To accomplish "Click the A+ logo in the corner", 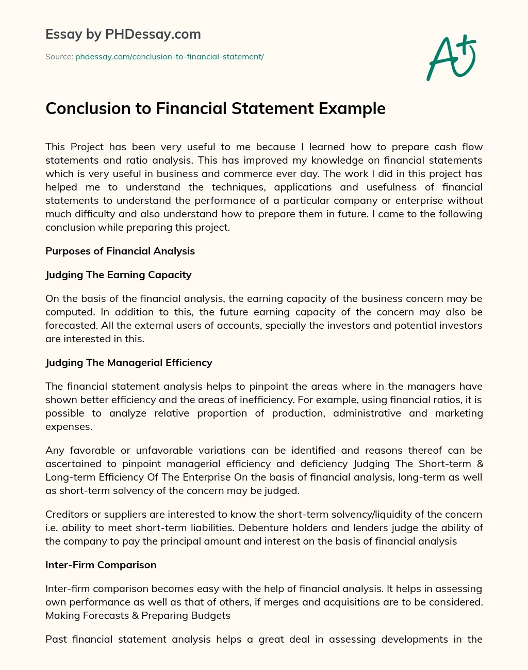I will (x=451, y=57).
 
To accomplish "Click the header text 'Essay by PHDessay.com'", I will (x=123, y=35).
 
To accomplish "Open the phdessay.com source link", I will (x=170, y=57).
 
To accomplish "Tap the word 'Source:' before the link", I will (x=59, y=57).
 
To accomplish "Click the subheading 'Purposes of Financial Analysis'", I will (x=120, y=251).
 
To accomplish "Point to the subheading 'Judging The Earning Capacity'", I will (x=118, y=275).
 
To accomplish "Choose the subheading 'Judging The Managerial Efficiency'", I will (x=129, y=363).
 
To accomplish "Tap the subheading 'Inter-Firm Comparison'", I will (x=101, y=565).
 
